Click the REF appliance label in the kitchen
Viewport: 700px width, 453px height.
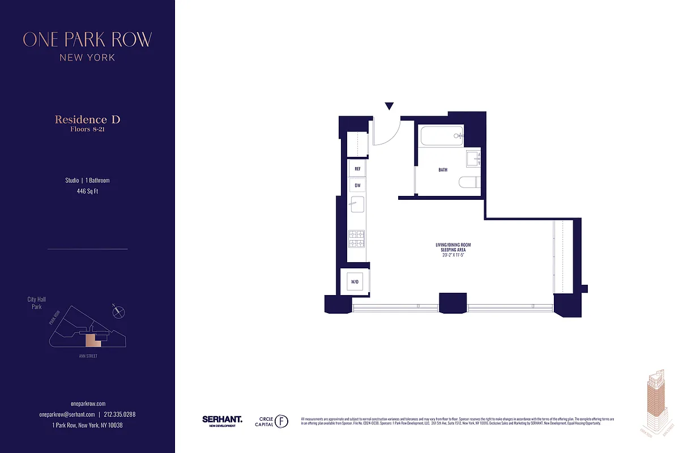(x=357, y=169)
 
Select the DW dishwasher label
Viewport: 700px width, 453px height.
(x=357, y=185)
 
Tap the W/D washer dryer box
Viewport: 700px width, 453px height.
(x=355, y=281)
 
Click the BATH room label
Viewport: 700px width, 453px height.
(x=443, y=169)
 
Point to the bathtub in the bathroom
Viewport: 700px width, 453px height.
(x=441, y=136)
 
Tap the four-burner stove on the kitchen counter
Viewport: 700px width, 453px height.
(x=356, y=238)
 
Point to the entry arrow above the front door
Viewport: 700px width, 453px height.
(x=389, y=106)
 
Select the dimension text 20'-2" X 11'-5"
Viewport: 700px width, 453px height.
(x=453, y=255)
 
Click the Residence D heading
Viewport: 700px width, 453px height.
(x=87, y=119)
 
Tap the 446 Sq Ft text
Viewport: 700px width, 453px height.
(x=87, y=191)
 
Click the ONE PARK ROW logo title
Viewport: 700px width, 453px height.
(x=87, y=40)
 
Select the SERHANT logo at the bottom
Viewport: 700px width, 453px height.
(x=222, y=420)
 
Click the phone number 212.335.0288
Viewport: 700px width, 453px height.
(x=119, y=414)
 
